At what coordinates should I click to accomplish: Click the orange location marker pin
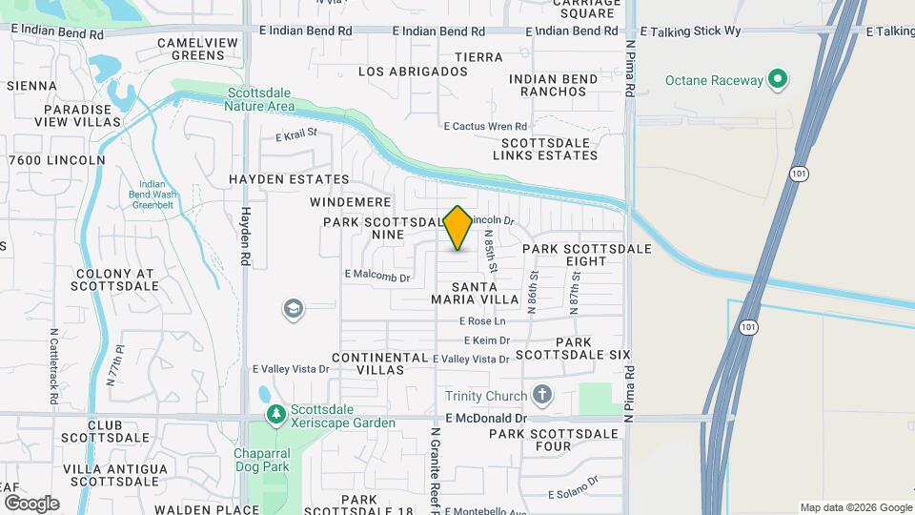click(x=458, y=227)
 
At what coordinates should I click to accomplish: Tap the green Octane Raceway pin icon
click(x=778, y=80)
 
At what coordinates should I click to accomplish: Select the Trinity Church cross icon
click(x=542, y=395)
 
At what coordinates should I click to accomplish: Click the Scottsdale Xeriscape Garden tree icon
click(x=276, y=415)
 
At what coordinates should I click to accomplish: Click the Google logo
click(x=31, y=503)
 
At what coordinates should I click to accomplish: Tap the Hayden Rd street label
click(x=245, y=237)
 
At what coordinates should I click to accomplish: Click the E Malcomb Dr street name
click(x=376, y=278)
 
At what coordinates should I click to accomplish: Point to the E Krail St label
click(x=295, y=135)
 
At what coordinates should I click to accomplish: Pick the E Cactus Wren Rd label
click(x=485, y=126)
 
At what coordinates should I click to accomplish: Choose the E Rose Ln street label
click(x=481, y=322)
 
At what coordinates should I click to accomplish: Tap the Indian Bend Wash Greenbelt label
click(x=152, y=194)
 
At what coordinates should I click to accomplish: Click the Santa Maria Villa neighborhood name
click(x=474, y=293)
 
